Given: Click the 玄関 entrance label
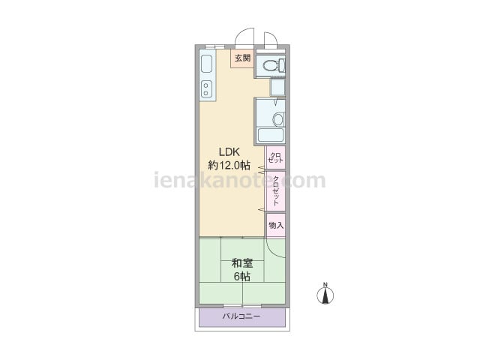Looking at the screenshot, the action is coord(242,58).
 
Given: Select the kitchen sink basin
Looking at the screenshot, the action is coord(207,64).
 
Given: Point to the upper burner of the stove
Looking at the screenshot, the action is coord(205,85).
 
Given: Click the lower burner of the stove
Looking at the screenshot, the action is coord(205,93).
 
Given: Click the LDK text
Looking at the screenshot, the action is coord(229,151).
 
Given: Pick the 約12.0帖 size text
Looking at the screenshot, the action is coord(229,165).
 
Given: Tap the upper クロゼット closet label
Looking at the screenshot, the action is coord(275,157).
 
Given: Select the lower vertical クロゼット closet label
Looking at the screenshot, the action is coord(276,190).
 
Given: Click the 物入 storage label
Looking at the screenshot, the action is coord(276,225).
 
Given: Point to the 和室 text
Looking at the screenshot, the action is coord(241,263).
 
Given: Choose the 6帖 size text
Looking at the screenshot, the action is coord(241,277).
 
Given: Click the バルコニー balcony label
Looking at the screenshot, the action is coord(241,316).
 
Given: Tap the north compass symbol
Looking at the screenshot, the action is coord(325,295).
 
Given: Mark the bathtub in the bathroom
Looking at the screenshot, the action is coord(271,135).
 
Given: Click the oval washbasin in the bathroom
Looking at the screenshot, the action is coord(278,119).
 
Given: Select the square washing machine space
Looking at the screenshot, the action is coord(277,87).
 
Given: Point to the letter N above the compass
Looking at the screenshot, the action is coord(325,284).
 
